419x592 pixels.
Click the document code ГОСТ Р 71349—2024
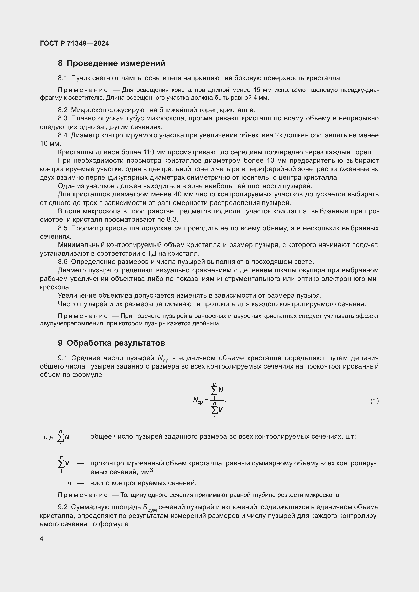[x=74, y=43]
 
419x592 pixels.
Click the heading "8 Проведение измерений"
[x=111, y=63]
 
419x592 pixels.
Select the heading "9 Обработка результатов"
[x=111, y=343]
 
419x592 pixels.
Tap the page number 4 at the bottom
[x=42, y=538]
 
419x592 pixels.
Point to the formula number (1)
[x=374, y=401]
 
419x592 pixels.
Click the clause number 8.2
[x=62, y=110]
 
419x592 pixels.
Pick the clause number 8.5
[x=62, y=228]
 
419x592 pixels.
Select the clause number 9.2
[x=62, y=507]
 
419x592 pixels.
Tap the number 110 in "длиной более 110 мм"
[x=149, y=152]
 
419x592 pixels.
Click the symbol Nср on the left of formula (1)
[x=198, y=400]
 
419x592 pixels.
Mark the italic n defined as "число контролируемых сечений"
[x=69, y=483]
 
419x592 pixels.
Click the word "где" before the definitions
[x=49, y=437]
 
